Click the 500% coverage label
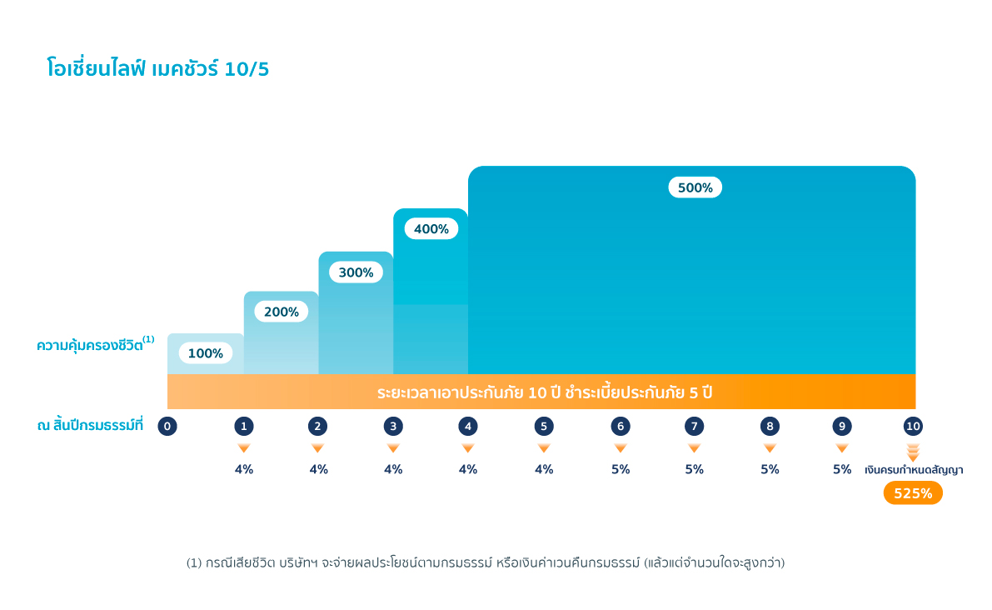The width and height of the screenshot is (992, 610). coord(695,187)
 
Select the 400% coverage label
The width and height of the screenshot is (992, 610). coord(431,228)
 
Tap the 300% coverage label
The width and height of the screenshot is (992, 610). coord(356,272)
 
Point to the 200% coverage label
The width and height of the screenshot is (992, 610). coord(281,312)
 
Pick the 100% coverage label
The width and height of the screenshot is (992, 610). coord(205,353)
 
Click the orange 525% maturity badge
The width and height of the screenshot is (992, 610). coord(913,493)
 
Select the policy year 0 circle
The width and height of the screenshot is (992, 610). coord(167,427)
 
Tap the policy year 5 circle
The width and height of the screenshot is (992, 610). coord(544,427)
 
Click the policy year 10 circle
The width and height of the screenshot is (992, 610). coord(913,427)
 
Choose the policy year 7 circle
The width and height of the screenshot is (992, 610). coord(694,427)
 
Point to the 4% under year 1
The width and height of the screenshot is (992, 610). coord(244,469)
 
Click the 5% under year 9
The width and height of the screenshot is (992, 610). coord(842,469)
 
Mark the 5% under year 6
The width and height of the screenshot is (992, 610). coord(621,469)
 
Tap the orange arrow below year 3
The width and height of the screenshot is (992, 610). coord(393,448)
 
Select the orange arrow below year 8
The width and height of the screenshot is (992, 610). coord(770,448)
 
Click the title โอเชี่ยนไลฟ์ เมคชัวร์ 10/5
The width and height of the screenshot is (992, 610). coord(158,69)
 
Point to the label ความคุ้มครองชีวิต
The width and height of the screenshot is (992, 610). coord(90,345)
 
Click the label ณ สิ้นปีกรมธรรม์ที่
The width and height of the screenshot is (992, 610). coord(90,426)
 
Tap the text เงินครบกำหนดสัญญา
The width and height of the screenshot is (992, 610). coord(913,470)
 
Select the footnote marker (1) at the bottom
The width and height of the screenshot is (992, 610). coord(193,563)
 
